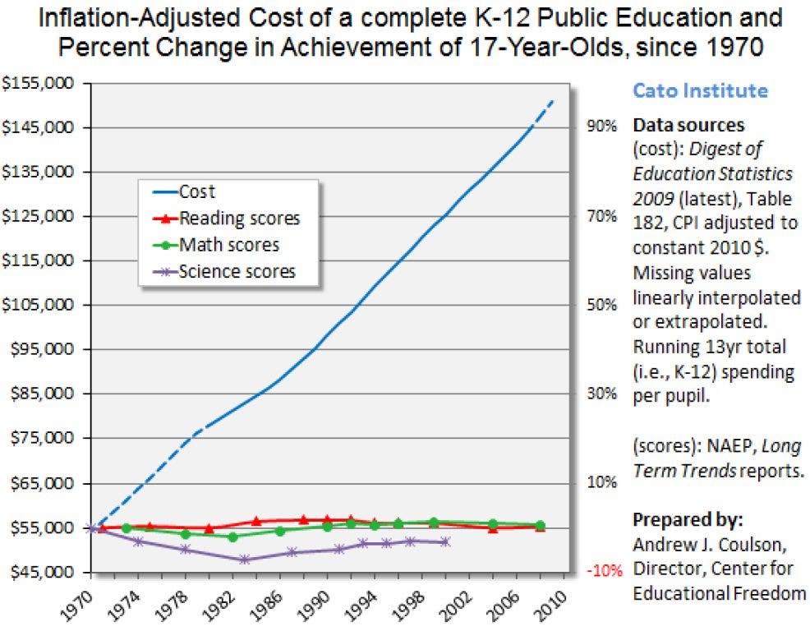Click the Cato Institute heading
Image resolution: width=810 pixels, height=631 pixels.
point(699,90)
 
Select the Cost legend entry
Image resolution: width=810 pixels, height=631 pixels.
point(196,192)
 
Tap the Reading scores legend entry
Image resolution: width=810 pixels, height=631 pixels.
point(239,219)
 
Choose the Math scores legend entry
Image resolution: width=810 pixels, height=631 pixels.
point(228,245)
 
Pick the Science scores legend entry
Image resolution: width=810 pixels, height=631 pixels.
point(237,271)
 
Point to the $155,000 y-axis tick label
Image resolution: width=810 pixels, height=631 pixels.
point(39,84)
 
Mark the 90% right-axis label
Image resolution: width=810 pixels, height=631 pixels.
point(601,127)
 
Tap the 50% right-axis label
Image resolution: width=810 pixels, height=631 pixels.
point(601,305)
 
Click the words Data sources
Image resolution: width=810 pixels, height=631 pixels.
point(688,126)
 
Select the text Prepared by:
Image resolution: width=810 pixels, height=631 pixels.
point(688,521)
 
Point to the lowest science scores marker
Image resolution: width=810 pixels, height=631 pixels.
point(244,560)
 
